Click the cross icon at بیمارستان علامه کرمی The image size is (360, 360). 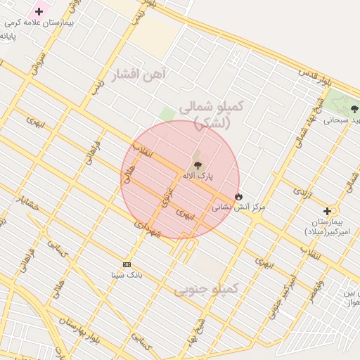click(39, 11)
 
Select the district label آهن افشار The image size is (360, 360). click(139, 74)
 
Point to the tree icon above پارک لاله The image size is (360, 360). click(197, 165)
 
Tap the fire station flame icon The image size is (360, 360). click(238, 196)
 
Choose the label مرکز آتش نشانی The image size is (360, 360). click(238, 207)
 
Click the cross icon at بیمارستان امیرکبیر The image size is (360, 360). click(327, 211)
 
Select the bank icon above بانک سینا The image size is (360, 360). click(127, 264)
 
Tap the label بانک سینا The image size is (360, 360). click(127, 275)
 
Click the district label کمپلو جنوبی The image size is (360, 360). click(207, 288)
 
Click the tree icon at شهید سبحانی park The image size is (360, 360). click(354, 109)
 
